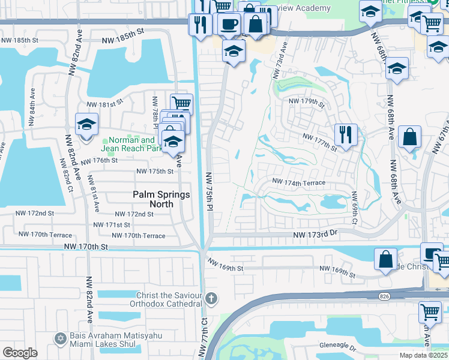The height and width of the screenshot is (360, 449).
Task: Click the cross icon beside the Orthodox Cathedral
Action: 211,298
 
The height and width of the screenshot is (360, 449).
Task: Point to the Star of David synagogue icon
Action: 59,339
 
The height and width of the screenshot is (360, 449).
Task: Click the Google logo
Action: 19,352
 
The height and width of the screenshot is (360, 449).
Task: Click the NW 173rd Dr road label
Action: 316,235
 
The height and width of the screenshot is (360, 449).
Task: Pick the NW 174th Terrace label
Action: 299,182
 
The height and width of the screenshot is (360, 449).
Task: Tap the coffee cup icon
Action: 228,24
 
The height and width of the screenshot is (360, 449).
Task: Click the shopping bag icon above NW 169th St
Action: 385,259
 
